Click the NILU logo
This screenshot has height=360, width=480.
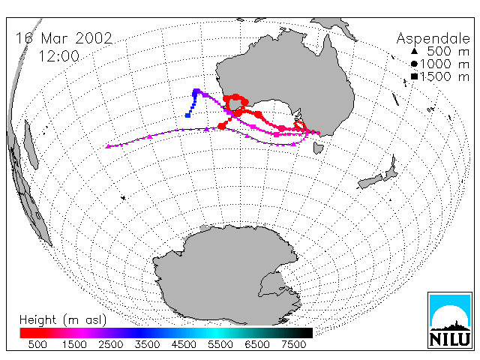coord(450,320)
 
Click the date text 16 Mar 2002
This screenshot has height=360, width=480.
coord(64,38)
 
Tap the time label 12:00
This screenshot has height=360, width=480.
coord(59,56)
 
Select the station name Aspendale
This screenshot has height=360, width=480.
coord(433,39)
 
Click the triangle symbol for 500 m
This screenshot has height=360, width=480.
coord(414,51)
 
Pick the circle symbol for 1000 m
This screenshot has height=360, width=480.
coord(414,64)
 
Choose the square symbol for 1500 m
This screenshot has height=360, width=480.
coord(414,76)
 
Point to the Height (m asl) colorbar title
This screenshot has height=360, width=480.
coord(63,320)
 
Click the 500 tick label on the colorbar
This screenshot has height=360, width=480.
coord(37,345)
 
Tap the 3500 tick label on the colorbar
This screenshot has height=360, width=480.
coord(147,345)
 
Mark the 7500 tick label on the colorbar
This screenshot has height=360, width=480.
coord(293,345)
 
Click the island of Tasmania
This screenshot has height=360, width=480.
coord(318,148)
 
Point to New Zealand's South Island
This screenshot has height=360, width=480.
coord(370,181)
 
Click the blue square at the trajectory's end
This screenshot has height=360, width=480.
coord(187,115)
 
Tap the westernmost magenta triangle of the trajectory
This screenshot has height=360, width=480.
coord(108,147)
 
